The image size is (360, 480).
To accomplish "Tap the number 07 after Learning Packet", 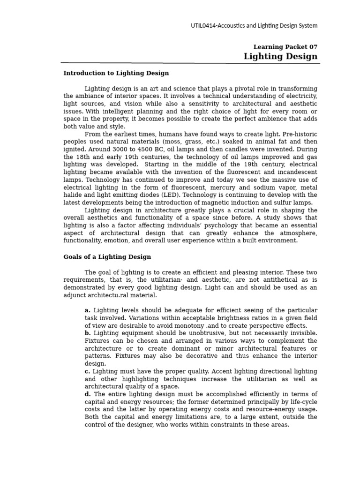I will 312,47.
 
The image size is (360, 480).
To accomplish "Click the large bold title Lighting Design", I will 280,57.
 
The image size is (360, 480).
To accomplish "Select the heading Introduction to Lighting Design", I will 116,73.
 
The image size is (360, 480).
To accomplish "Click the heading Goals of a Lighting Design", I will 107,257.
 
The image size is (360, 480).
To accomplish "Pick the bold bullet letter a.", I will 87,310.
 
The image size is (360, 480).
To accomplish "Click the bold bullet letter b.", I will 87,333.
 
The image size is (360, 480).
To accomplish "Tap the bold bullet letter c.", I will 87,371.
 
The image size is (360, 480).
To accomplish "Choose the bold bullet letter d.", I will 88,394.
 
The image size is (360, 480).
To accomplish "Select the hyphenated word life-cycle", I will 300,402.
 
